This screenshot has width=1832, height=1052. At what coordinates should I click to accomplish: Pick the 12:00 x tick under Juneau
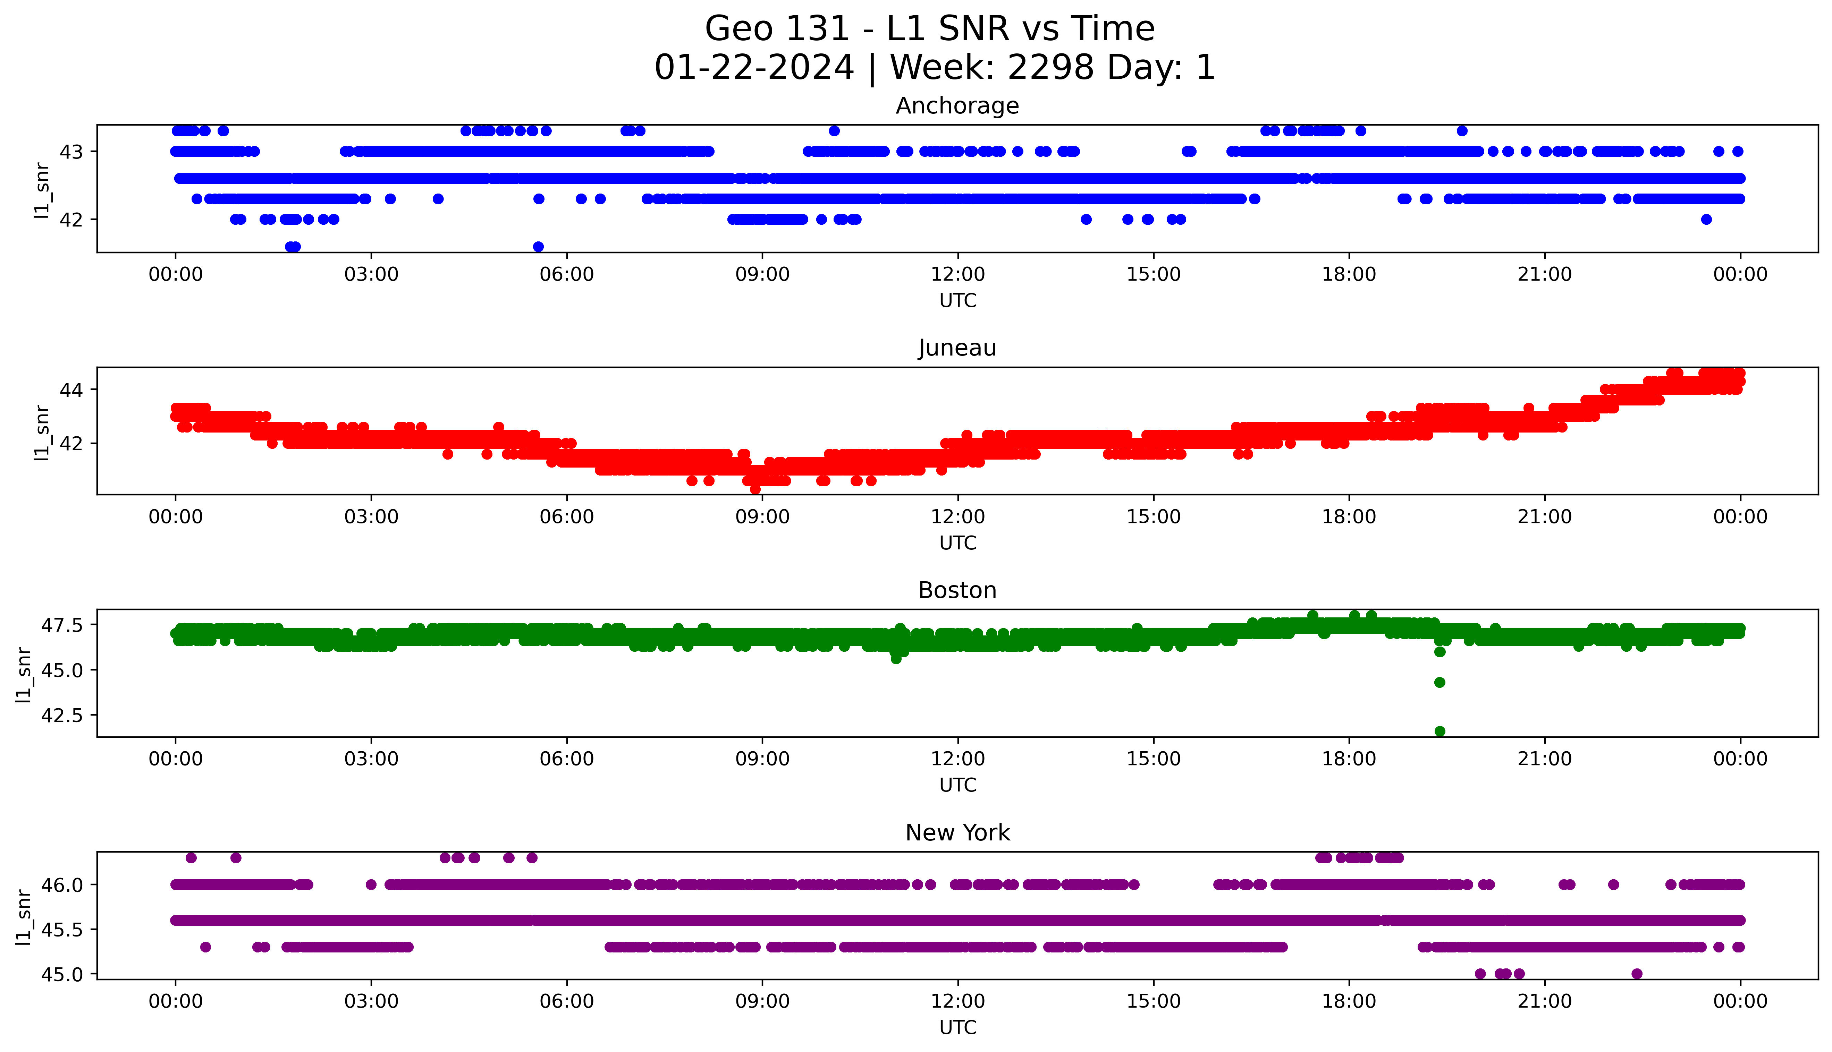point(957,516)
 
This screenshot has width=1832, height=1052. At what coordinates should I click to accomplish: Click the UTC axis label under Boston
point(957,785)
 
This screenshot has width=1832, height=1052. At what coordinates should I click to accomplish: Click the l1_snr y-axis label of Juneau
point(42,432)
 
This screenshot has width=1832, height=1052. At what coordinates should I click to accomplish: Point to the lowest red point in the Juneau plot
point(755,489)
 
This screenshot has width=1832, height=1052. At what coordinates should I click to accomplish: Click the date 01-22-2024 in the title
point(754,68)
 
